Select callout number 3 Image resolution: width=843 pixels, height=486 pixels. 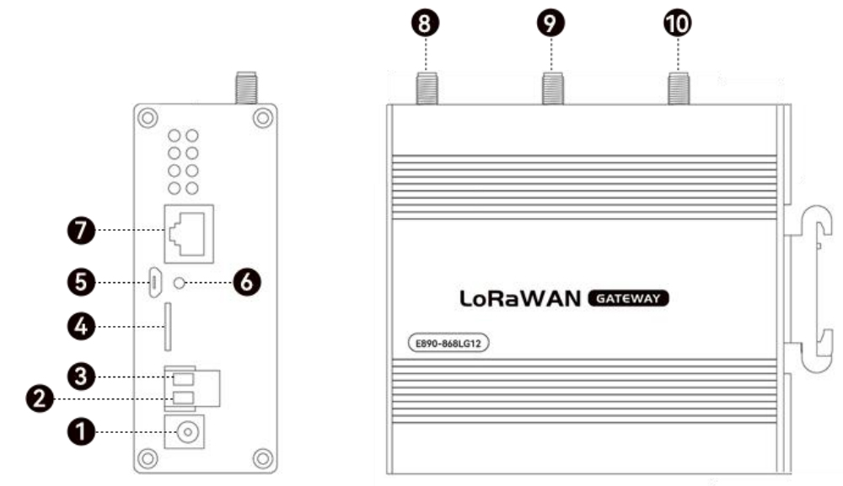pos(82,373)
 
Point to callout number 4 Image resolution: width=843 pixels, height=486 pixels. pos(82,325)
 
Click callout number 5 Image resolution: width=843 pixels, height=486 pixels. pos(82,281)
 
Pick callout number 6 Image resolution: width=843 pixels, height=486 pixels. pos(245,281)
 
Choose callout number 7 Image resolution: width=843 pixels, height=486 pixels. pos(82,229)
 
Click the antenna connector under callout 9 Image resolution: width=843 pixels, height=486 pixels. pos(552,87)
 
